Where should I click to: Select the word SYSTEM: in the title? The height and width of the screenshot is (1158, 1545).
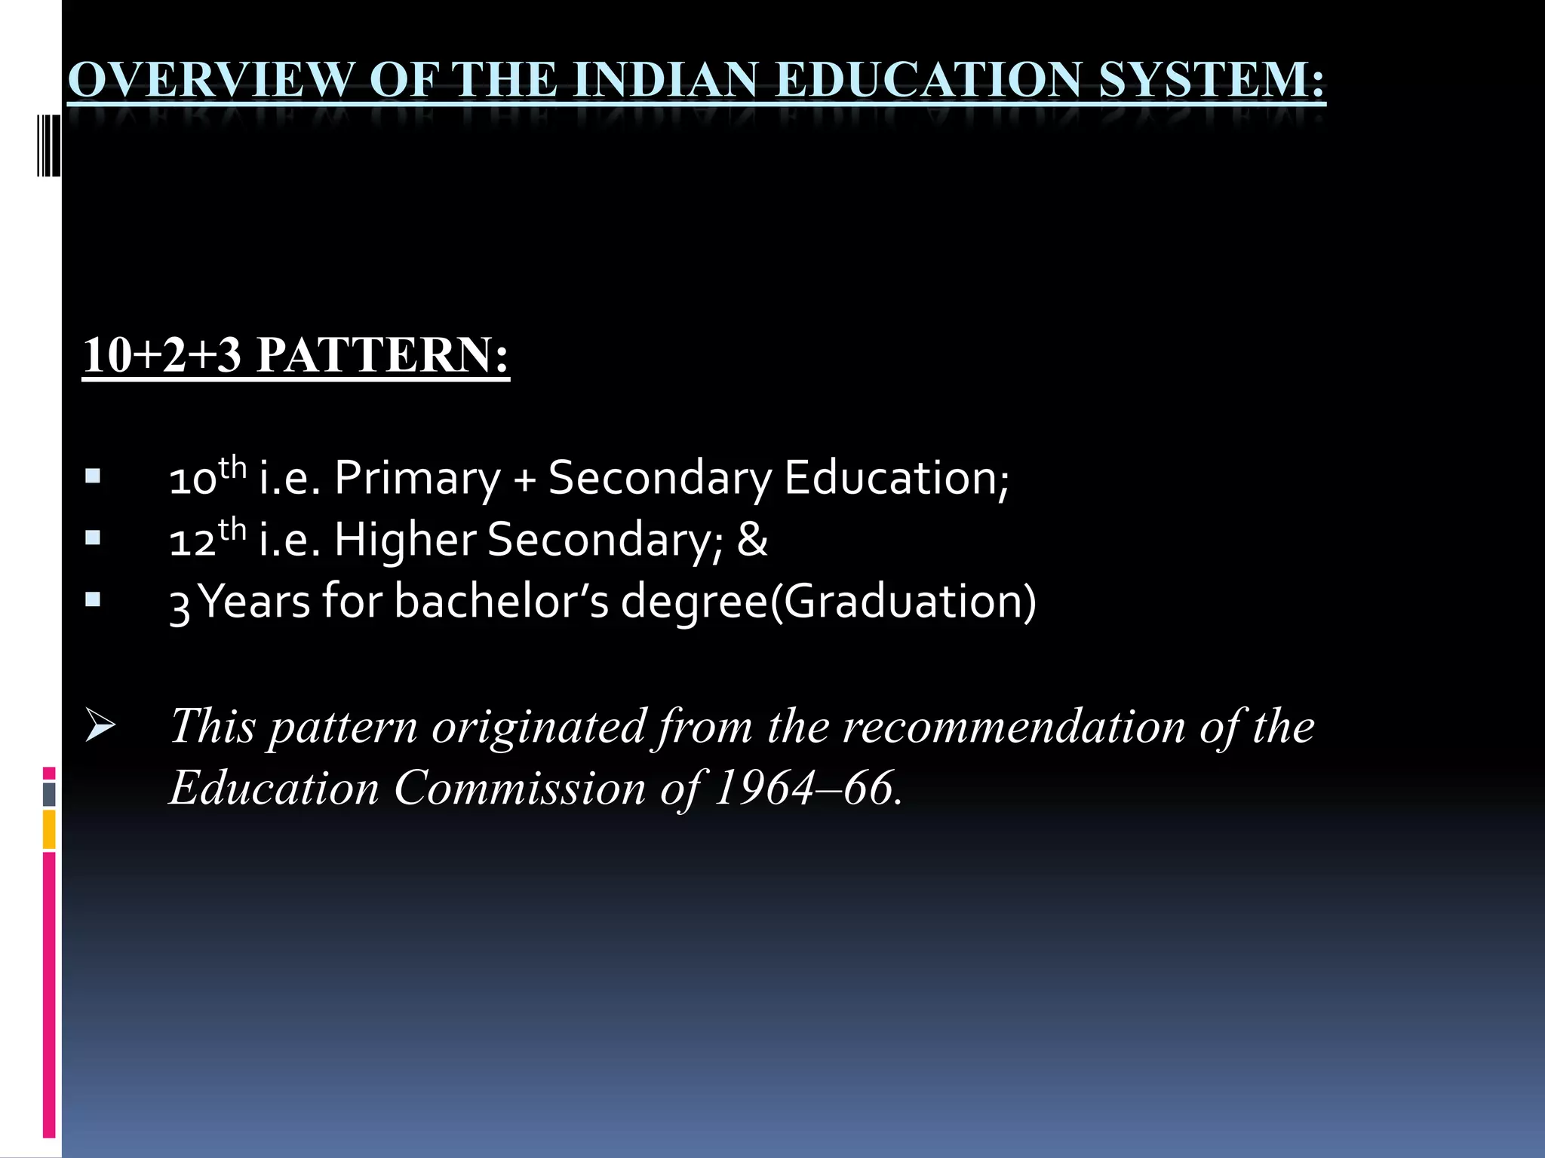click(x=1212, y=79)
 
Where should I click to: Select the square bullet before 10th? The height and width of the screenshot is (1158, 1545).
click(x=93, y=476)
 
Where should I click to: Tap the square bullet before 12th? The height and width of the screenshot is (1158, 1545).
click(x=93, y=538)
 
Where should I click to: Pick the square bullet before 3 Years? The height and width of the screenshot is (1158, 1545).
click(x=93, y=600)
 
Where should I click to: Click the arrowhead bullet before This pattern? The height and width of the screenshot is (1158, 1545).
click(x=100, y=725)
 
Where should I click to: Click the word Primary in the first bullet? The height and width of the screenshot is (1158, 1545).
click(x=417, y=479)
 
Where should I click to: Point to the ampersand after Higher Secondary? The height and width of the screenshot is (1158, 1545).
click(x=752, y=540)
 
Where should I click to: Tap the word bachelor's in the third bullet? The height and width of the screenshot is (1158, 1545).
click(x=501, y=602)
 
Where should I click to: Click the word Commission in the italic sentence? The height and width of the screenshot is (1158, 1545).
click(x=520, y=789)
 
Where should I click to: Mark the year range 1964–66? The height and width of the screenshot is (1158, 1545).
click(x=807, y=789)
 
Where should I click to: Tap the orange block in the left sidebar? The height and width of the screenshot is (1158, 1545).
click(x=49, y=829)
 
